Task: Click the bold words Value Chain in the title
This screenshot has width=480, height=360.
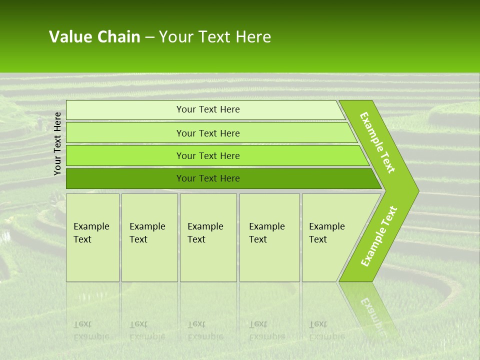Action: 94,37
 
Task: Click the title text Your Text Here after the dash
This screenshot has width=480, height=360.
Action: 215,37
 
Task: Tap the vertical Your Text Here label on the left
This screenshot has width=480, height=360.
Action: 58,143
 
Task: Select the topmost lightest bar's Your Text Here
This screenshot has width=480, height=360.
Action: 208,109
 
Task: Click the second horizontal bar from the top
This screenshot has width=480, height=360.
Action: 208,133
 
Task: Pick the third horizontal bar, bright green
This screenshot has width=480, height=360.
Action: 208,155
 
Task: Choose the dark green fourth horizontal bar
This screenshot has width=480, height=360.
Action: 208,178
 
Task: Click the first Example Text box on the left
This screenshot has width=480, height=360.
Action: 92,237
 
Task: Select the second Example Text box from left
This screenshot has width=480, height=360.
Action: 149,237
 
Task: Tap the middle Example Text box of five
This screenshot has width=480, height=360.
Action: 207,237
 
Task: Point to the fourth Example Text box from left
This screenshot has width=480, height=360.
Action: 269,237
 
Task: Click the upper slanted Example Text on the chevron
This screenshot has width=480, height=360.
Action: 377,142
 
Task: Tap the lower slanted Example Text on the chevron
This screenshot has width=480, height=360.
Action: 379,236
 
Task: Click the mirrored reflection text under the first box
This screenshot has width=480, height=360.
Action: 91,330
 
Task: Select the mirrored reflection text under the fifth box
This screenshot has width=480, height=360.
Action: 326,330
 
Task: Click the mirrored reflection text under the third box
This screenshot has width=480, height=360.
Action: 205,330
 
